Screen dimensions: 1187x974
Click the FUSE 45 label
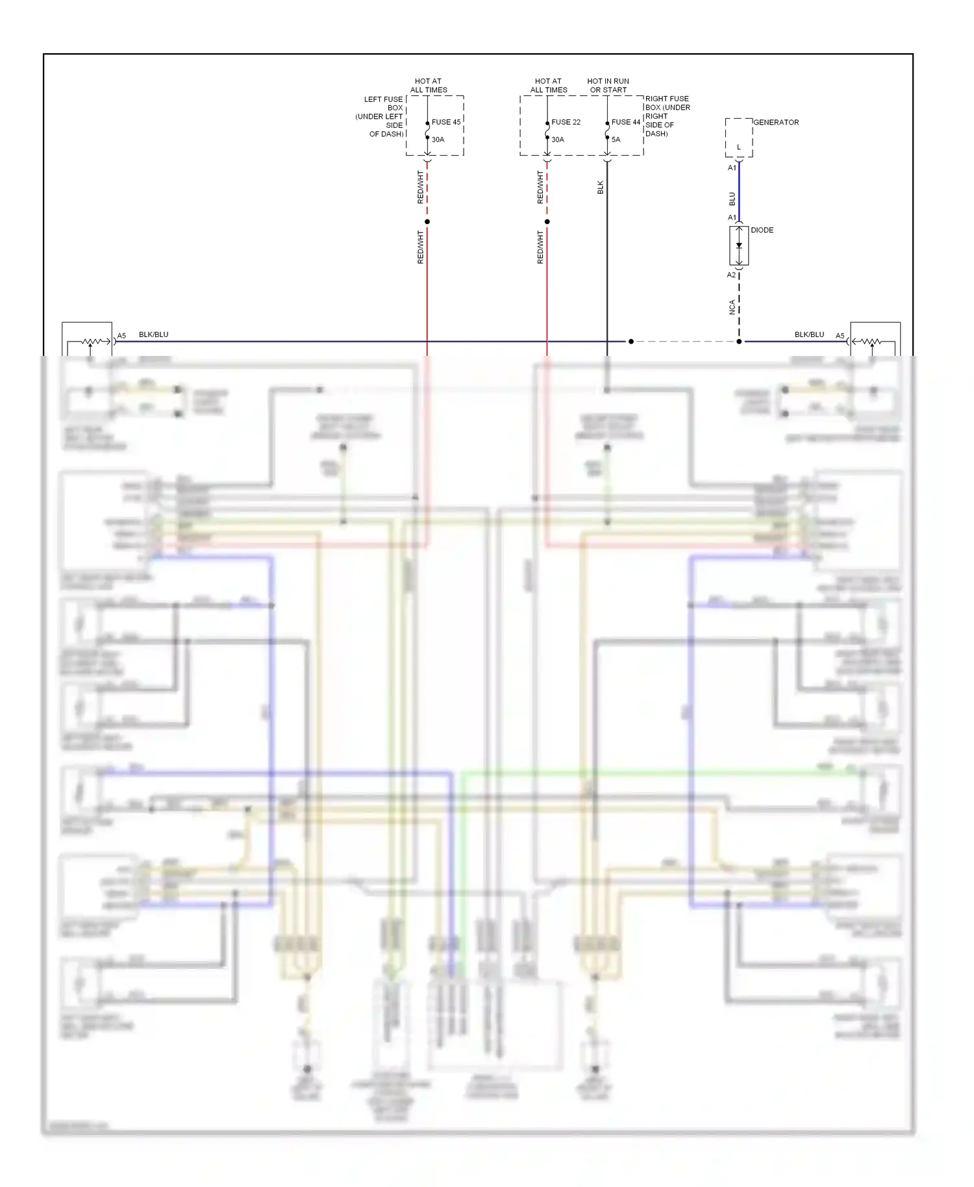point(445,122)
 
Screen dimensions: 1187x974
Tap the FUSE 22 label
point(566,122)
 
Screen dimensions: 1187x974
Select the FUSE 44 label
point(625,122)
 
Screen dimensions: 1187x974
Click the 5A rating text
point(616,140)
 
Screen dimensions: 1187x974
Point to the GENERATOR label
point(776,122)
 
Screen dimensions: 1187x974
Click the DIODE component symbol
point(739,245)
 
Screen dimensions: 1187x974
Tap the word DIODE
point(762,231)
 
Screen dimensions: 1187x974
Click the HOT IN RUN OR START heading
point(608,86)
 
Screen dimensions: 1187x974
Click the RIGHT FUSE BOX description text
point(667,116)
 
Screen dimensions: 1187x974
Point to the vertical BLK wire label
point(600,188)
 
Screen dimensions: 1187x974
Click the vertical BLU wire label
point(732,199)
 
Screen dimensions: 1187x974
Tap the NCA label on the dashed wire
point(732,307)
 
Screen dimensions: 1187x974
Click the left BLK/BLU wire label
point(153,334)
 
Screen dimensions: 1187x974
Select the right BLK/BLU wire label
point(809,334)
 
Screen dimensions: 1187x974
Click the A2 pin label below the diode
point(731,275)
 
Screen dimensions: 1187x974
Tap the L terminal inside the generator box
point(738,147)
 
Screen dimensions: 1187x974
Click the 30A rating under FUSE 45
point(438,140)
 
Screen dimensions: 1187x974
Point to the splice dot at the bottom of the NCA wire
point(739,342)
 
